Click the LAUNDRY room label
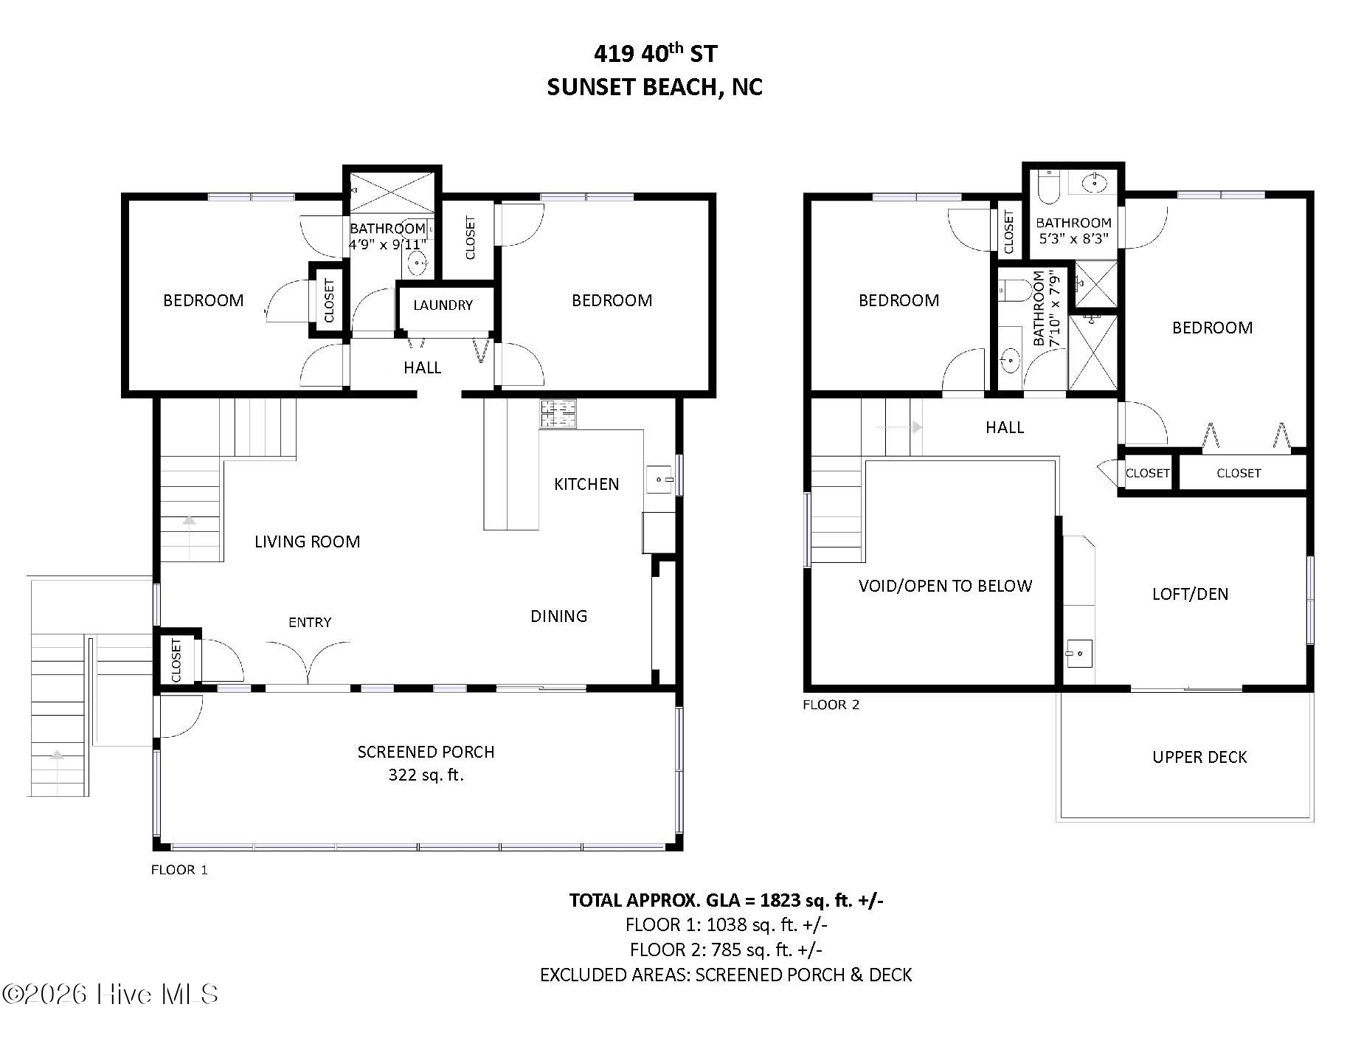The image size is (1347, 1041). [x=443, y=305]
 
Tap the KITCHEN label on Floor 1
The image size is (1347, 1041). [x=586, y=484]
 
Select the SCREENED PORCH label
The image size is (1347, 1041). [x=426, y=752]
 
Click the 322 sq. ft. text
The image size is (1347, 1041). [x=426, y=775]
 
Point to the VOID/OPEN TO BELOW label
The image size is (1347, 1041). [x=945, y=586]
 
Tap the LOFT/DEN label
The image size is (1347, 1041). [x=1190, y=594]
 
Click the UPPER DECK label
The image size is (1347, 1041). [x=1199, y=757]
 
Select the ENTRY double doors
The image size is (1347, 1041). [x=308, y=661]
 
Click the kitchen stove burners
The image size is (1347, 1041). [x=558, y=414]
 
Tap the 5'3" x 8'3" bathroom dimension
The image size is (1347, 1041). [x=1073, y=238]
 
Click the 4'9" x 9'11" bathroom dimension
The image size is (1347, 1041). [x=387, y=244]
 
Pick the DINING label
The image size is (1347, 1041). [x=559, y=616]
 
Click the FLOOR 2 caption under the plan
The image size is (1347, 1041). [x=831, y=705]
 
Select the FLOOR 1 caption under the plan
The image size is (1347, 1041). [x=179, y=870]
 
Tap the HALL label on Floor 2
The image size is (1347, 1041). [x=1005, y=427]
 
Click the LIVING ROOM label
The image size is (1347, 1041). [x=307, y=542]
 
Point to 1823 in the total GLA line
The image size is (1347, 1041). [x=780, y=900]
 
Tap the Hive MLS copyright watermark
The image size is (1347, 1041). [x=110, y=995]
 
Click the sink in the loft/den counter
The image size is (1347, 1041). [x=1078, y=654]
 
